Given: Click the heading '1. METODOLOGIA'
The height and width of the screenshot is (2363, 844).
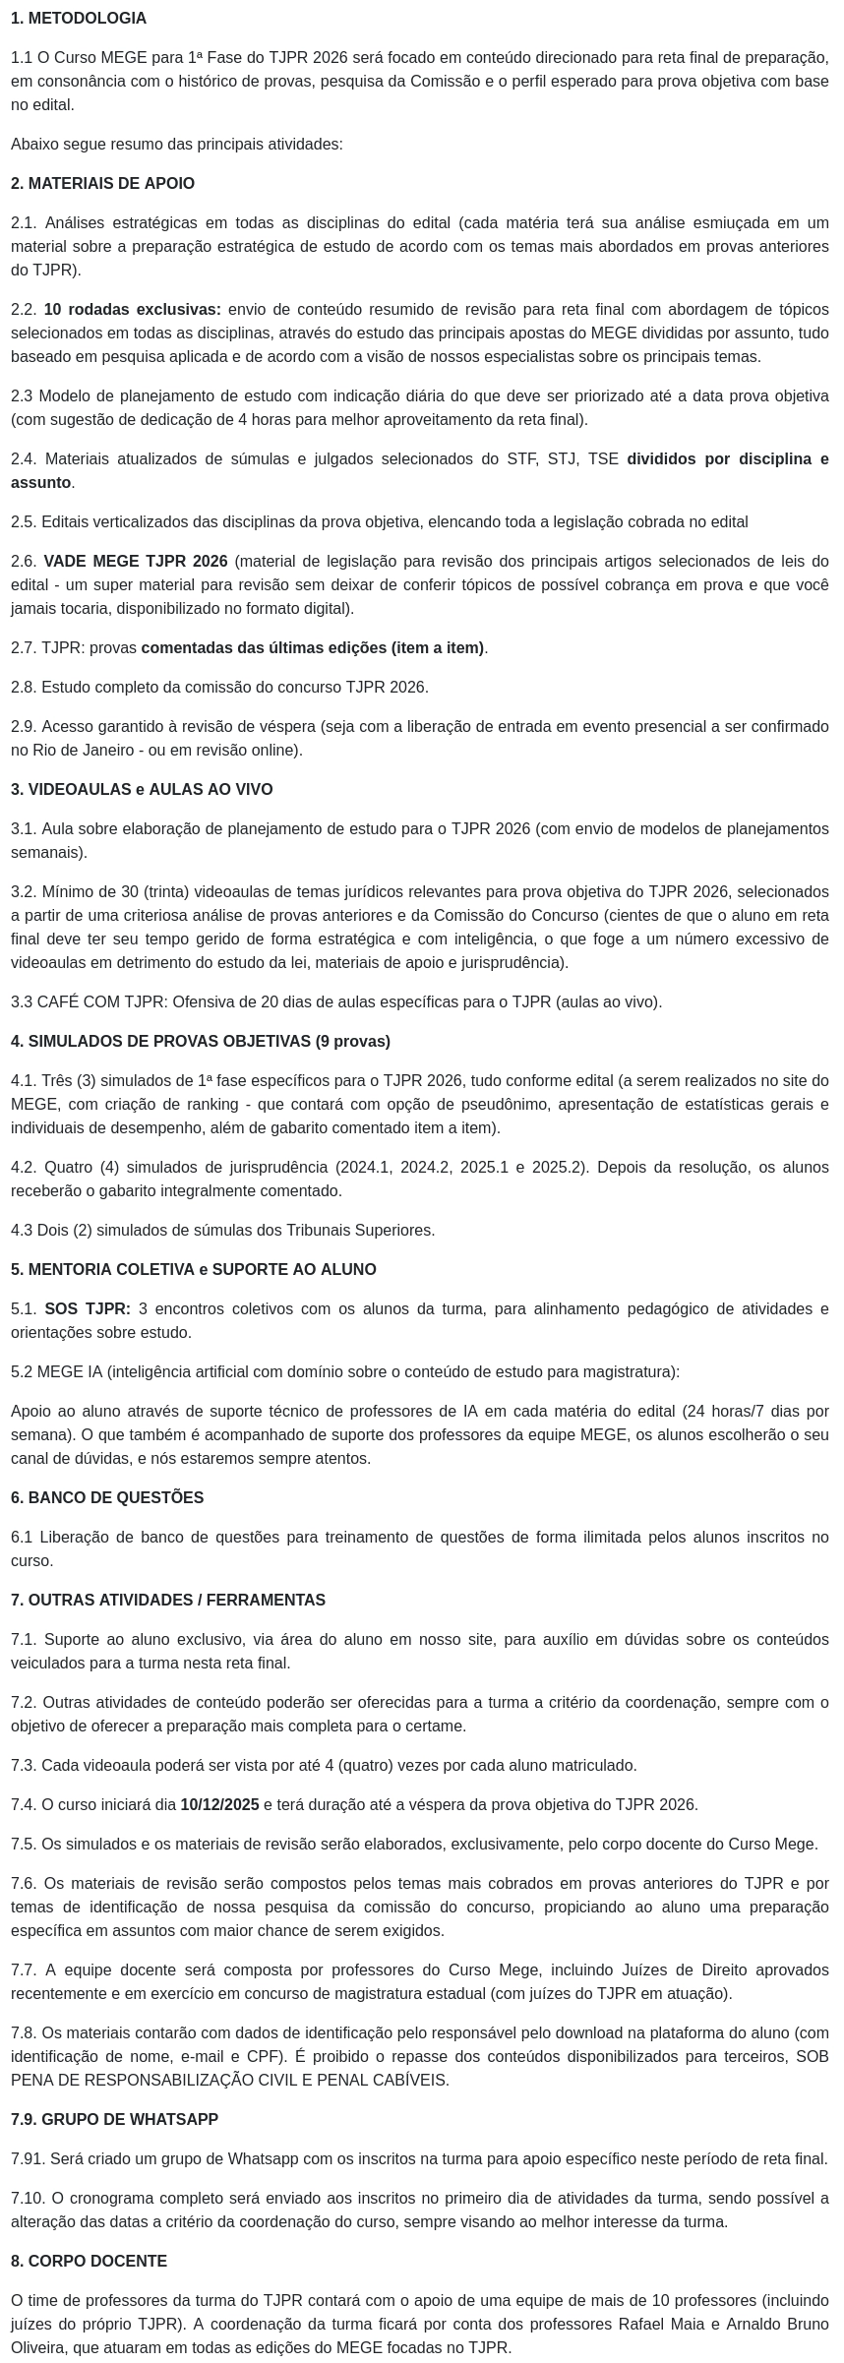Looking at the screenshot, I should [x=79, y=19].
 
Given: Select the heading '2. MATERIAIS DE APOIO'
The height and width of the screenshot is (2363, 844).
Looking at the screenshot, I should [x=102, y=184].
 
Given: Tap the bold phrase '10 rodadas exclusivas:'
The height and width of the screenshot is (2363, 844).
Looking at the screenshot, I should [x=132, y=310].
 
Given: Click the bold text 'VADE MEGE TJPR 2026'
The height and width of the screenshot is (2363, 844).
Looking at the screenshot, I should [x=135, y=562].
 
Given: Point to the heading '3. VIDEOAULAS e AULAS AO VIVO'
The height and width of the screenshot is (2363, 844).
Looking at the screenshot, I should [x=142, y=790].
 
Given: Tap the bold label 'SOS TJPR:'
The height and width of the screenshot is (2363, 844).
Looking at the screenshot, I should [x=87, y=1309].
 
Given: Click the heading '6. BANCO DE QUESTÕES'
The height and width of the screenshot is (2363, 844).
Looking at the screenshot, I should [x=107, y=1498].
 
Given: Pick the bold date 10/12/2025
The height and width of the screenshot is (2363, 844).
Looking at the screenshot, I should [x=219, y=1805].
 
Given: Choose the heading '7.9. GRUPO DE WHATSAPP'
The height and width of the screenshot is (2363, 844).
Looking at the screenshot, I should [x=114, y=2120].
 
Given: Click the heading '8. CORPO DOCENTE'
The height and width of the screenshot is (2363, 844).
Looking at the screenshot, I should [x=89, y=2262].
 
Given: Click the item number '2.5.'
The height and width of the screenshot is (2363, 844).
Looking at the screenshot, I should [x=24, y=522].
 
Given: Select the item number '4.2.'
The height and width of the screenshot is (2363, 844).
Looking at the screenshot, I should [x=24, y=1168].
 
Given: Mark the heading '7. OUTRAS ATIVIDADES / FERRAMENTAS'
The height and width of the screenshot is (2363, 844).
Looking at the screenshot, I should [x=167, y=1601].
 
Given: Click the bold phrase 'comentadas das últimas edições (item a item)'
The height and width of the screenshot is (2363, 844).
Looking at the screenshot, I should [x=313, y=648].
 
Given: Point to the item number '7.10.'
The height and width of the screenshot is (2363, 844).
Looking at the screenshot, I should [x=28, y=2199].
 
